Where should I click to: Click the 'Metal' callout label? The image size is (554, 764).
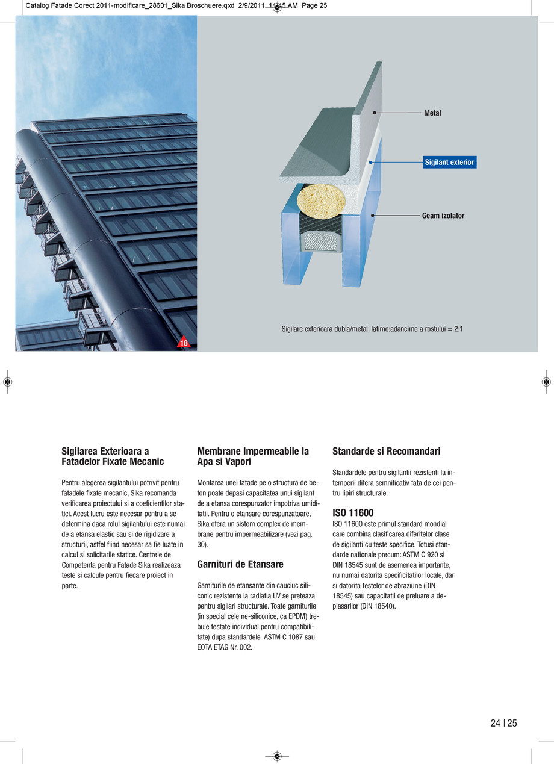432,113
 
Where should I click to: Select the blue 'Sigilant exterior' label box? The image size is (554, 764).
449,163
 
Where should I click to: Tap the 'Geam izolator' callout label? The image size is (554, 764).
443,216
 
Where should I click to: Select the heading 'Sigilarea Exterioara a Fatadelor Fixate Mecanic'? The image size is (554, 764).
113,456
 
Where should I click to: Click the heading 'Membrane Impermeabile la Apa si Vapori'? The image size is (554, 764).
253,456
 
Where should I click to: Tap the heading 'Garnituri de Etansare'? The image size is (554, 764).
240,564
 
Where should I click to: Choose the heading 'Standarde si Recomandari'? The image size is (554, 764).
386,451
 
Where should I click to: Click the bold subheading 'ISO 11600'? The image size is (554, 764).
353,513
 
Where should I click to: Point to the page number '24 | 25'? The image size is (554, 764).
503,723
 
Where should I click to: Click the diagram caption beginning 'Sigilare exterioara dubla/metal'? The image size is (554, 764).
372,329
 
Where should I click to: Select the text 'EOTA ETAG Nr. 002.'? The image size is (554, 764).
225,647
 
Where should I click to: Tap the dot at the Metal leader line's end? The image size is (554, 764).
375,113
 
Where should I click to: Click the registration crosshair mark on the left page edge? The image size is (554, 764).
7,382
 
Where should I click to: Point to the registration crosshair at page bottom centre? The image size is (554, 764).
277,756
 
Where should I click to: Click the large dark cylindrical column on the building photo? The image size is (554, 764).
90,241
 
